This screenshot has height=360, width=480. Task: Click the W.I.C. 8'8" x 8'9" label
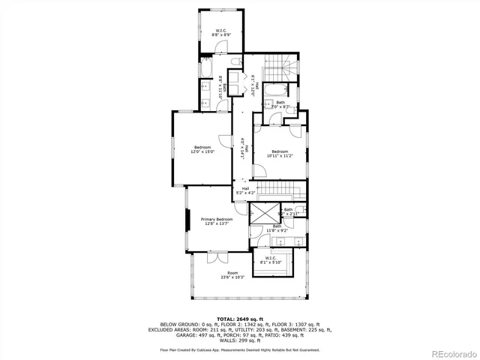pyautogui.click(x=220, y=31)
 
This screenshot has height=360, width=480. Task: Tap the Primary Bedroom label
pyautogui.click(x=216, y=221)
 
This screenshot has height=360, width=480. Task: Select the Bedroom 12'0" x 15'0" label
pyautogui.click(x=202, y=148)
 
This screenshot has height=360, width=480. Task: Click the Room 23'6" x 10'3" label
pyautogui.click(x=233, y=275)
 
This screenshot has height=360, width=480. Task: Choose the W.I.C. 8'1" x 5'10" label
pyautogui.click(x=271, y=260)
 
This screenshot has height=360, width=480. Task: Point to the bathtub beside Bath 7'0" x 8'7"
pyautogui.click(x=275, y=91)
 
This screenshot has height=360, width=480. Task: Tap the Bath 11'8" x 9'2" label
pyautogui.click(x=277, y=228)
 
